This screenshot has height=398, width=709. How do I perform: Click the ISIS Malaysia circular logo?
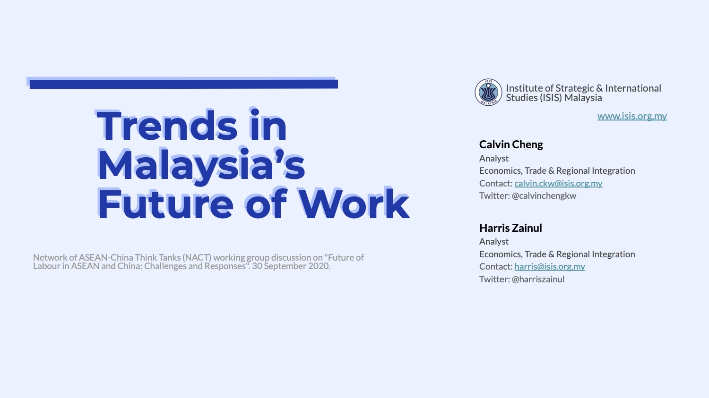(488, 93)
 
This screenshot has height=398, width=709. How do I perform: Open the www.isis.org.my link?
(632, 116)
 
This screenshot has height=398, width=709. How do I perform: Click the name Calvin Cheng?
(511, 144)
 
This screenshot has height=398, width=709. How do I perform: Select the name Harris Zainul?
(510, 228)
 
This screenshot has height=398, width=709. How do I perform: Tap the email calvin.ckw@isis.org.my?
(558, 183)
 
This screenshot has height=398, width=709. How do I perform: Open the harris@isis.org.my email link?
(550, 266)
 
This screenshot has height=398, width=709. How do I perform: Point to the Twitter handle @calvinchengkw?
(544, 195)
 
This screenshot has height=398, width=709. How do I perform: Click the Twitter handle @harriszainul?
(538, 279)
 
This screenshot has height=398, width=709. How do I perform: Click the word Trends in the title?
(167, 125)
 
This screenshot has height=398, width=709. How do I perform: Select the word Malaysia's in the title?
(201, 164)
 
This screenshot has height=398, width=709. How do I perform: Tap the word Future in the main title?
(165, 203)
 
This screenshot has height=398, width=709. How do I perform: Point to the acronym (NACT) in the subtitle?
(197, 258)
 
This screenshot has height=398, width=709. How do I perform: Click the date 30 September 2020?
(291, 266)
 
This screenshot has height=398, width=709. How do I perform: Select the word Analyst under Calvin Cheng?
(494, 158)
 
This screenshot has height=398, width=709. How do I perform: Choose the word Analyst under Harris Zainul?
(494, 242)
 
